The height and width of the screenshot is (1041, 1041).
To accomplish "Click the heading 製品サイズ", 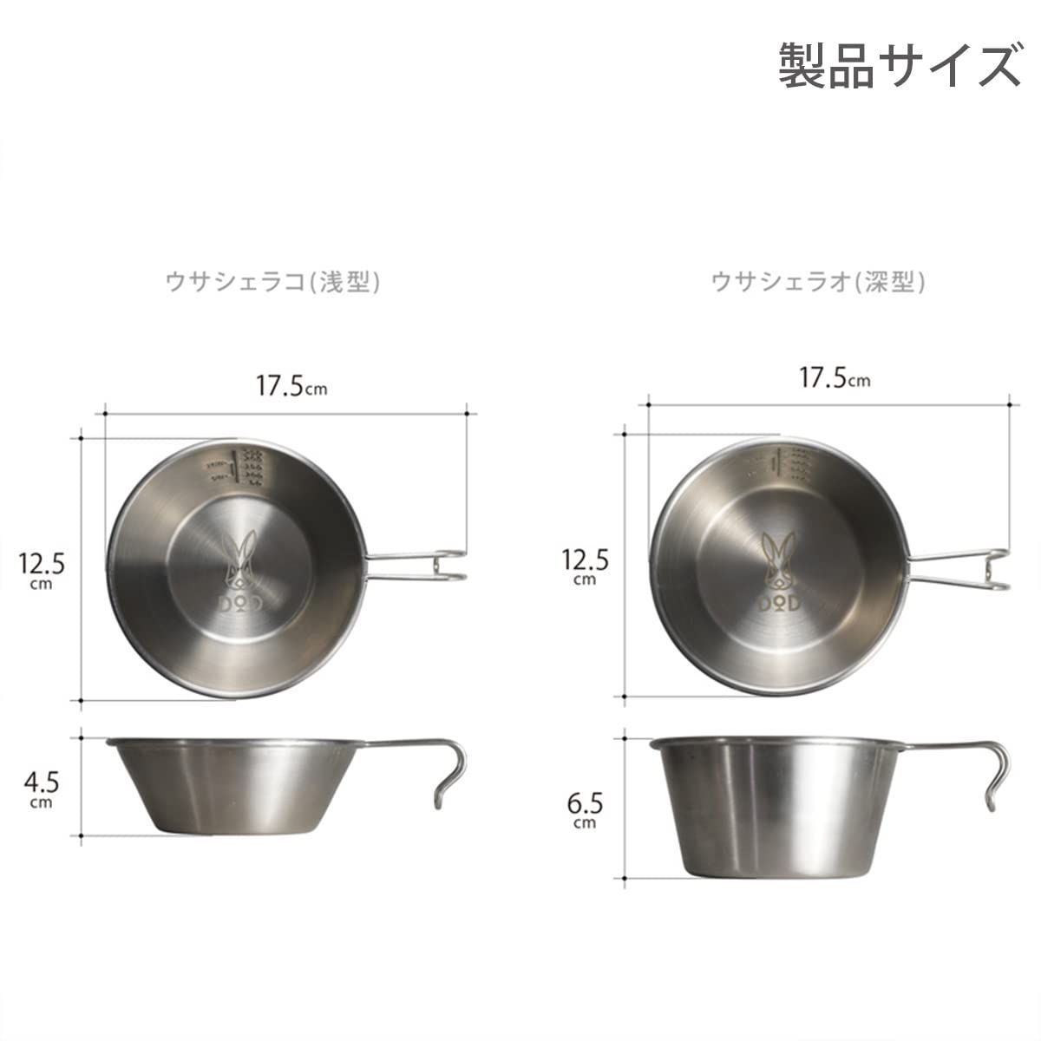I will [x=899, y=66].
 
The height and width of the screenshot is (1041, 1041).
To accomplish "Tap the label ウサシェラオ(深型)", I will [x=818, y=282].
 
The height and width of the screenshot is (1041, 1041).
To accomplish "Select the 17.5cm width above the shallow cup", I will [x=291, y=386].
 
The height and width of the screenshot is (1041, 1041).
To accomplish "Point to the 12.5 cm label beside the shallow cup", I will [x=42, y=569].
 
